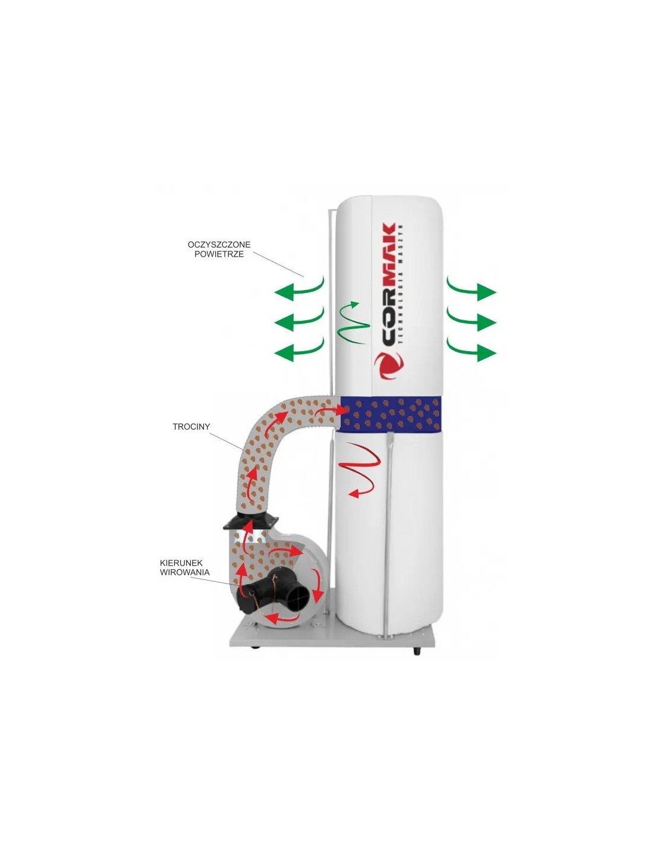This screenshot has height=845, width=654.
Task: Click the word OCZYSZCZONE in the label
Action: click(219, 245)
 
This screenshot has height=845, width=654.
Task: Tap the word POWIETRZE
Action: click(219, 254)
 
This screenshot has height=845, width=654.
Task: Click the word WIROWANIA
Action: click(185, 572)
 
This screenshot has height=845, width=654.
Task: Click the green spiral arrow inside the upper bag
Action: click(352, 322)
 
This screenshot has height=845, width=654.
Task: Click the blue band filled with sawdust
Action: click(391, 415)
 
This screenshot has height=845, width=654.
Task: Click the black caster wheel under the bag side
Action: click(417, 651)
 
